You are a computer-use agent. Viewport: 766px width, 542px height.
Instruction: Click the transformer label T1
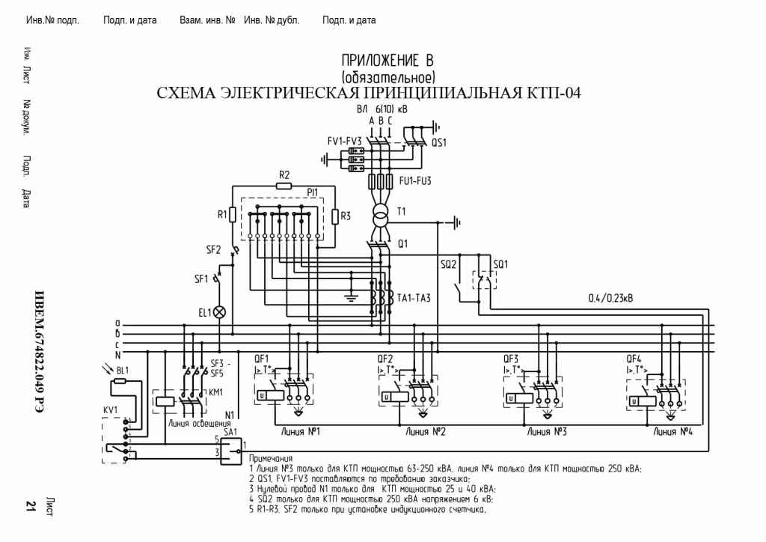coord(401,212)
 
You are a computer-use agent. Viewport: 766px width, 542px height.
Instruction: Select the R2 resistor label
coord(284,175)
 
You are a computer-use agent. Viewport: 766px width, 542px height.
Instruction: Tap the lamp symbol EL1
coord(220,312)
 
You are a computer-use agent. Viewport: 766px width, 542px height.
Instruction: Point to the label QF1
coord(261,358)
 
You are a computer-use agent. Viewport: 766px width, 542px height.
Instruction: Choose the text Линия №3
coord(546,432)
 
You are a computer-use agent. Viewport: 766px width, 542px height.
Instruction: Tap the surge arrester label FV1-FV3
coord(344,140)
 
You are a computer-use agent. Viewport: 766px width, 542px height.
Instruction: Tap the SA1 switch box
coord(231,447)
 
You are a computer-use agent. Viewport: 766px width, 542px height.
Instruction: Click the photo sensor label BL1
coord(123,371)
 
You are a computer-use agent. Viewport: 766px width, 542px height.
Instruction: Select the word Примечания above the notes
coord(270,458)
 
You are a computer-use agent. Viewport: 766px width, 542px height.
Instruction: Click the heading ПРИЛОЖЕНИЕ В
coord(387,61)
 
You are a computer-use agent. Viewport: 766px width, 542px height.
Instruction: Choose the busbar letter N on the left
coord(117,354)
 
